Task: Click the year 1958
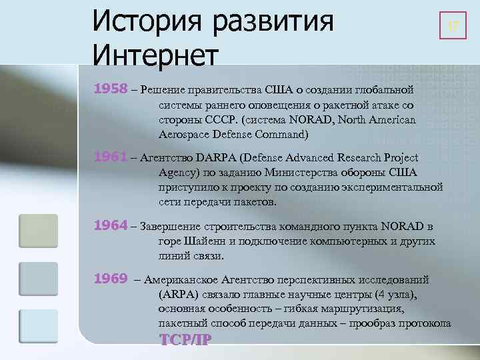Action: [110, 89]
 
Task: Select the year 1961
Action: [110, 157]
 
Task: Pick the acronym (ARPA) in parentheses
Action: [179, 294]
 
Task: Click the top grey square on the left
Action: [38, 231]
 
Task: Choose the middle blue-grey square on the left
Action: [38, 279]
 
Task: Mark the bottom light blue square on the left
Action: [38, 326]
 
